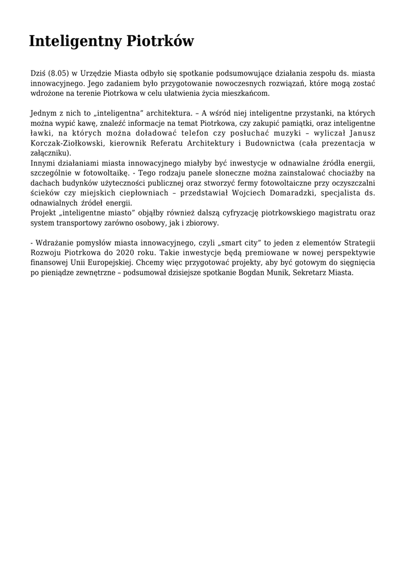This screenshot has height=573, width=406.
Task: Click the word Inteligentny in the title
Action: coord(75,42)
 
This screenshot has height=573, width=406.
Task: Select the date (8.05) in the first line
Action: coord(58,74)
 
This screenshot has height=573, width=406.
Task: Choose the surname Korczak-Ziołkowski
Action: coord(66,143)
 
